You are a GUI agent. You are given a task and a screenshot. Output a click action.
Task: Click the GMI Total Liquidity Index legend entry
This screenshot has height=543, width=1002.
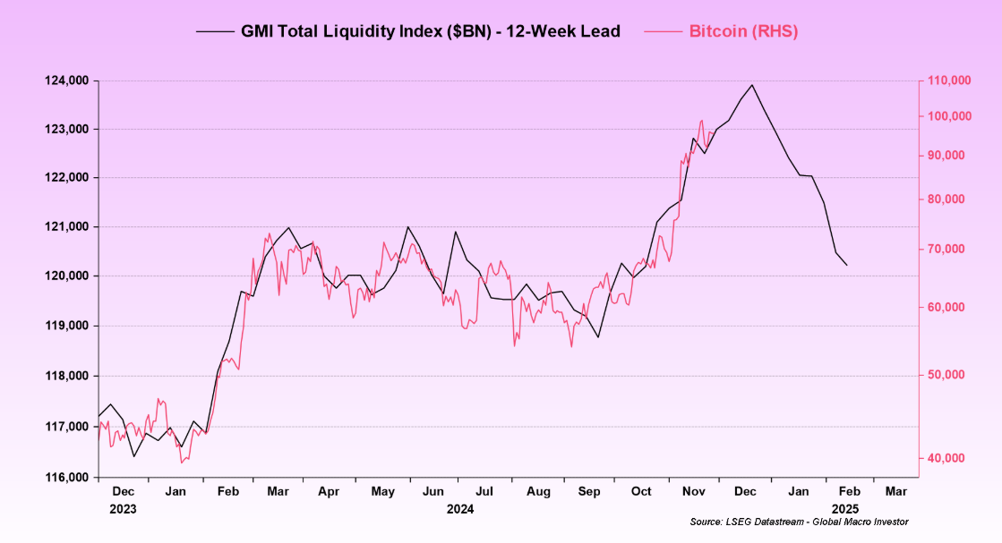coord(407,31)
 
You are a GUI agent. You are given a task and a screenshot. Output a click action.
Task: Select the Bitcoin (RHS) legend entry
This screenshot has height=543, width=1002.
coord(742,31)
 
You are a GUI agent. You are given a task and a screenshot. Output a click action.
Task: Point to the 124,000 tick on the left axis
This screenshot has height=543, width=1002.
coord(67,81)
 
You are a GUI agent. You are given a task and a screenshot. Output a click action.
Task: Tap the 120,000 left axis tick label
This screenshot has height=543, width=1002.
coord(67,276)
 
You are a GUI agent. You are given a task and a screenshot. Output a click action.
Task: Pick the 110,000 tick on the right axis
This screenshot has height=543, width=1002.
coord(948,81)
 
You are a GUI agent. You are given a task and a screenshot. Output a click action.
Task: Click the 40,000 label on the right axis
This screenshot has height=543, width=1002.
coord(946,458)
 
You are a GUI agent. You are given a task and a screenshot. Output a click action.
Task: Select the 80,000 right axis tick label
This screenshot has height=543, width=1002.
coord(946,199)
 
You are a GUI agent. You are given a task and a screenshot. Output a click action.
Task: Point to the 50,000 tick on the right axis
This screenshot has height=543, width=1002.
coord(946,374)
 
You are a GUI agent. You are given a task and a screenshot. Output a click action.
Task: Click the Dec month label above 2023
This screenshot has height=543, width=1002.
coord(124,492)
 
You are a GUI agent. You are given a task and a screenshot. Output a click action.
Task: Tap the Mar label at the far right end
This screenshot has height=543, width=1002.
coord(895,492)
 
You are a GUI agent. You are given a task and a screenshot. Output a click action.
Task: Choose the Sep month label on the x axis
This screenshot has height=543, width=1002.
coord(589,492)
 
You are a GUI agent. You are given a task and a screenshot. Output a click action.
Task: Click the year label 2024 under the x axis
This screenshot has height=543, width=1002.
coord(459,509)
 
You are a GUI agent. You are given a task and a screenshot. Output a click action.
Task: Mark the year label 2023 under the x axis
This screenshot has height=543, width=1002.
coord(124,509)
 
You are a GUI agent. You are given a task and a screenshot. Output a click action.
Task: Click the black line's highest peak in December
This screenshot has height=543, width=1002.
coord(752,85)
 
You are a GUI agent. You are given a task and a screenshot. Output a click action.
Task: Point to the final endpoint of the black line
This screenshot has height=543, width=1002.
coord(847,265)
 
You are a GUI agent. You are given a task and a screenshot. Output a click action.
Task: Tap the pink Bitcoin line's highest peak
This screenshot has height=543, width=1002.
coord(702,120)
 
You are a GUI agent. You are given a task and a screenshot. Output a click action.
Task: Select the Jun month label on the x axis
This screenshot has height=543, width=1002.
coord(433,492)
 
